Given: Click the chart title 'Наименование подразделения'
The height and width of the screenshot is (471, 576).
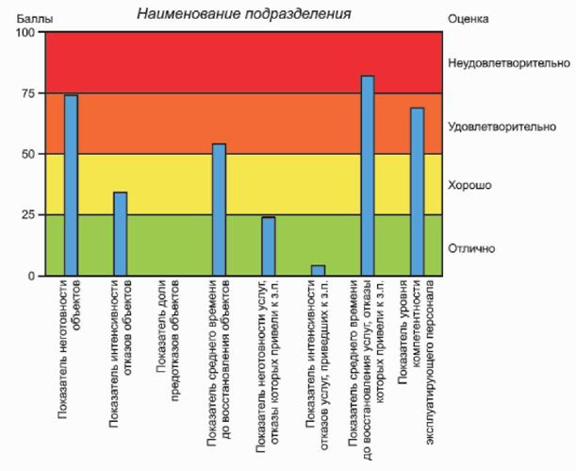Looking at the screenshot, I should coord(243,14).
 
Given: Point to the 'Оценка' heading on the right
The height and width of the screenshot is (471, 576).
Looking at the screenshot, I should coord(469,18).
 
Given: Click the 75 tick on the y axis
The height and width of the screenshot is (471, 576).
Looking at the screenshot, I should coord(25,93).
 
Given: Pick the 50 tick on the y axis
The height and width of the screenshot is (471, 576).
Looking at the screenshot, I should coord(25,154).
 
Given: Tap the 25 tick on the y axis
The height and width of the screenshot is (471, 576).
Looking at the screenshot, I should coord(25,214).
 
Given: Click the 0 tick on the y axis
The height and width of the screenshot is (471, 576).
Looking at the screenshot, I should coord(29,276).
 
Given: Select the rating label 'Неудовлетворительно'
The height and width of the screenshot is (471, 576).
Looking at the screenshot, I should coord(509,63).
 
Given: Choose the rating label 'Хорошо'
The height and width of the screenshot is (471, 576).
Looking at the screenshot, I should coord(470,186).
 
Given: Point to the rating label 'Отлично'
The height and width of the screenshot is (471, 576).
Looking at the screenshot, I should coord(473,248).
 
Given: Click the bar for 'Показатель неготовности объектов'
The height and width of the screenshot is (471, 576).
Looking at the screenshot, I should coord(71,185).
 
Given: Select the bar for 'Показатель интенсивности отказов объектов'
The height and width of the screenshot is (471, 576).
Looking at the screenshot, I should coord(121,234).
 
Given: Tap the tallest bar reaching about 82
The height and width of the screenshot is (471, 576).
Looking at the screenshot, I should coord(368,176).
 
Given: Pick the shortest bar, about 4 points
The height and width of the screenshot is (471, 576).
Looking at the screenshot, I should coord(318,271).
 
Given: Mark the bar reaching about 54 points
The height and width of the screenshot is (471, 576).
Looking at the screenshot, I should coord(219,210).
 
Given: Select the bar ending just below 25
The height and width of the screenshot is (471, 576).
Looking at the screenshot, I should coord(269,246).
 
